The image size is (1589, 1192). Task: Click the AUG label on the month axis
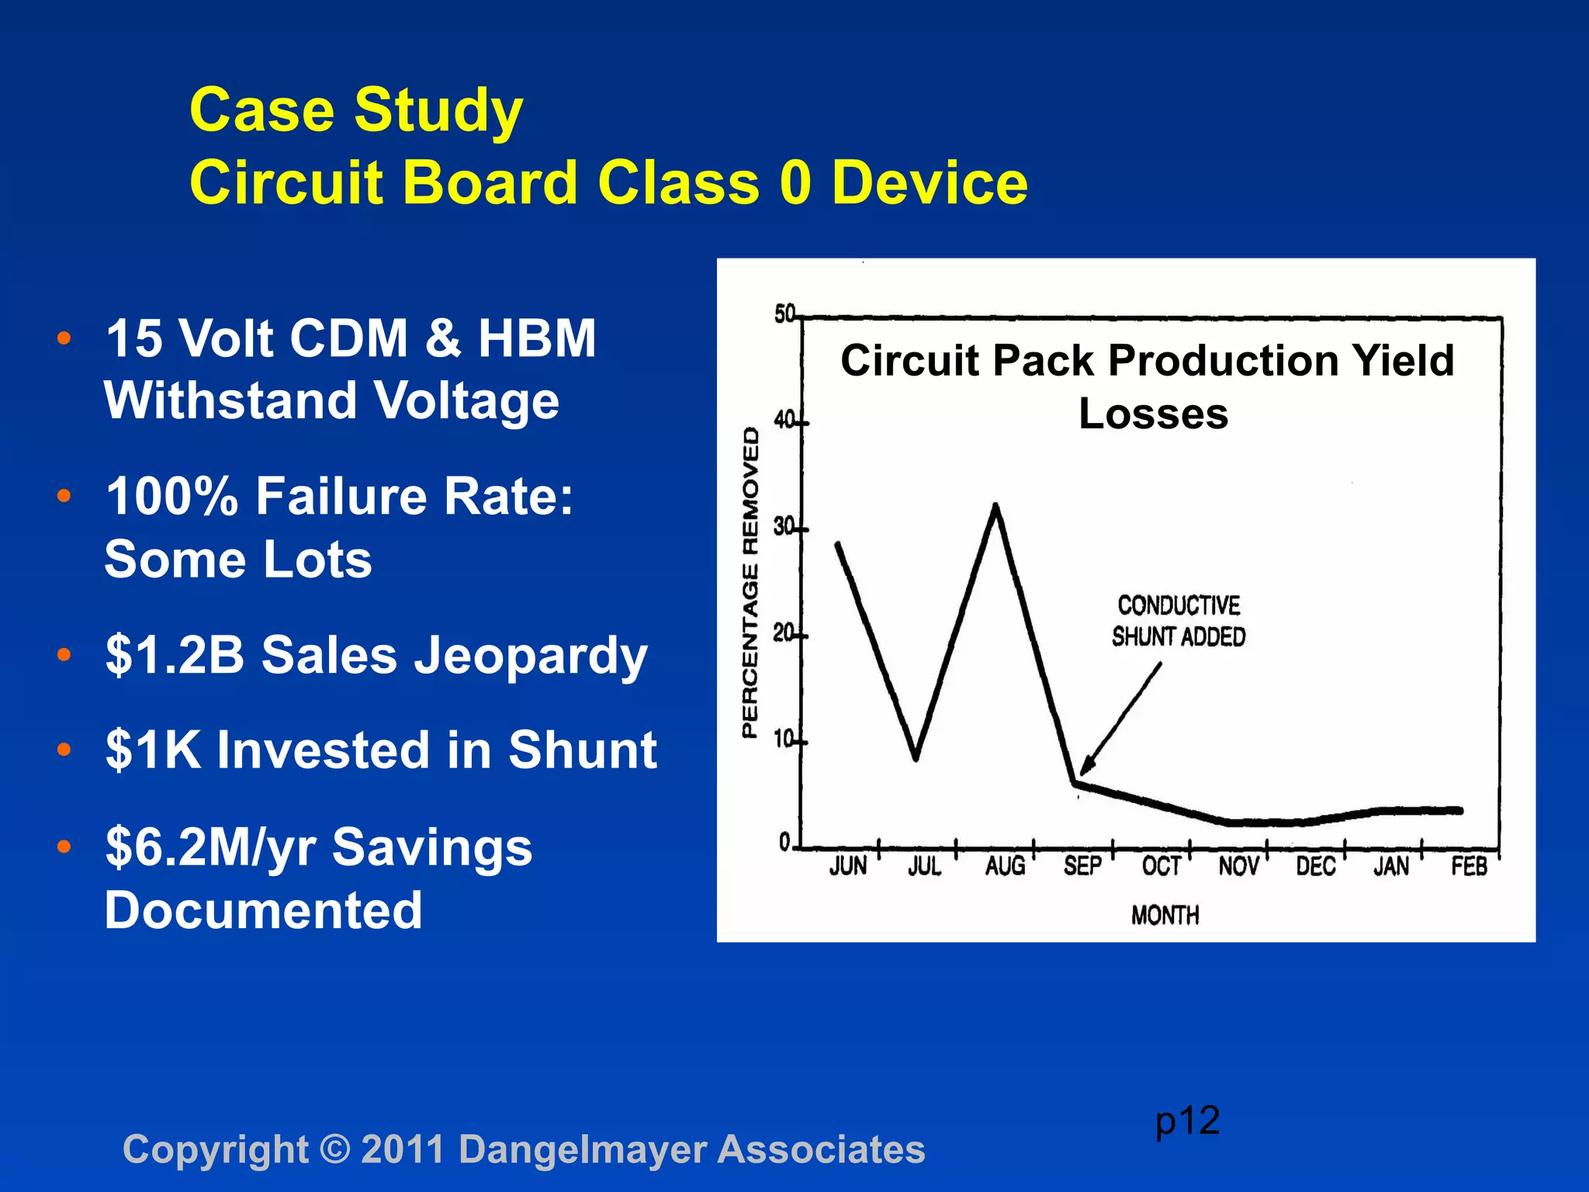click(x=1005, y=866)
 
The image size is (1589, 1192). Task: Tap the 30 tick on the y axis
click(x=784, y=528)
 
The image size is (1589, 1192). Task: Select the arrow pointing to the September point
click(x=1120, y=719)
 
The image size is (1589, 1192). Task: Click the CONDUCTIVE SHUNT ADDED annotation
click(x=1178, y=621)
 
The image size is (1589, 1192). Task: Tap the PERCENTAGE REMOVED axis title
click(x=749, y=582)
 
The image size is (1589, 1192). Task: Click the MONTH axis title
click(x=1165, y=916)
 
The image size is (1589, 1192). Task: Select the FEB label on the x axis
click(x=1469, y=866)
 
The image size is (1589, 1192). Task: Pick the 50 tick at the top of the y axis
click(x=784, y=314)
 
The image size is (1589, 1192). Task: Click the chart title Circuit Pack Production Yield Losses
click(x=1148, y=386)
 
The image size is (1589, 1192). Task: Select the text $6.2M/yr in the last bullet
click(x=209, y=847)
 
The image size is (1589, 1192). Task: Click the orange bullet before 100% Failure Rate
click(x=64, y=495)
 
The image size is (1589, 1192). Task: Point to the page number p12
click(x=1187, y=1121)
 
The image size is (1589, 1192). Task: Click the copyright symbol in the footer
click(x=334, y=1149)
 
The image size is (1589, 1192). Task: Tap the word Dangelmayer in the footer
click(x=582, y=1149)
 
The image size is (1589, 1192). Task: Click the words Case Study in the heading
click(x=356, y=109)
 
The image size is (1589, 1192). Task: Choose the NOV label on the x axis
click(x=1238, y=866)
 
